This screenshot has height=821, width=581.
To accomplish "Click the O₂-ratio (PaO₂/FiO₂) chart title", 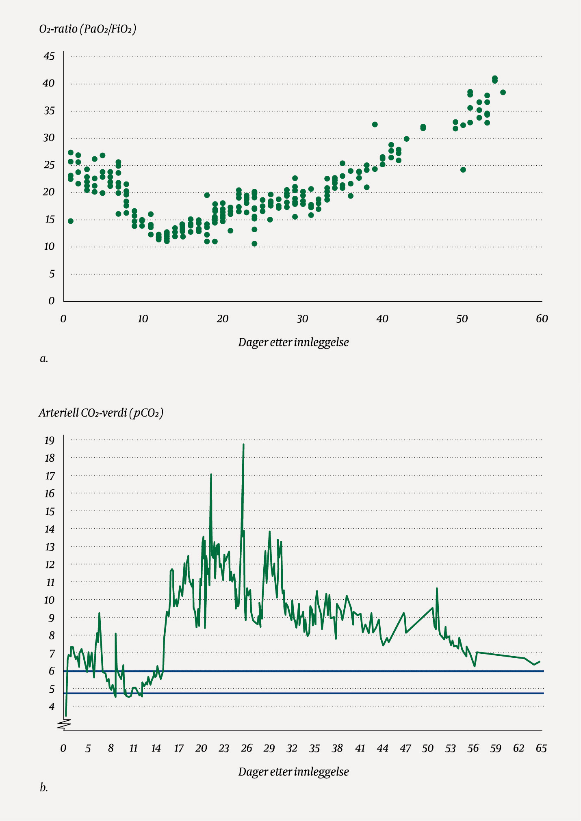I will click(87, 29).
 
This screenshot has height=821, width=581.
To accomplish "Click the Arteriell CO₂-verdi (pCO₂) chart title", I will click(101, 413).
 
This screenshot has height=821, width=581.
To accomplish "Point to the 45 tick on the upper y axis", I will click(49, 56).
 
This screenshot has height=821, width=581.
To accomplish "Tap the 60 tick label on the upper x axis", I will click(542, 319).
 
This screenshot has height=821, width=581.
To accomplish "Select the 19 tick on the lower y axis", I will click(49, 441).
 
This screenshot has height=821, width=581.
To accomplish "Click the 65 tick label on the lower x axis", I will click(541, 748).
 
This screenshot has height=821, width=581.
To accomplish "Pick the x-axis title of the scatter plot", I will click(293, 342).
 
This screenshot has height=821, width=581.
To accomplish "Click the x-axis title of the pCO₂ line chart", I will click(293, 771).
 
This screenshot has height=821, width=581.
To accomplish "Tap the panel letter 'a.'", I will click(44, 359).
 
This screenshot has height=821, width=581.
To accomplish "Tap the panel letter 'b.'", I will click(44, 788).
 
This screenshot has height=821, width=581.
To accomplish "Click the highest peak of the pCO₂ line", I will click(243, 445).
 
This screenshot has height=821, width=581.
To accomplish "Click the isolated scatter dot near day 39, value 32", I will click(375, 124).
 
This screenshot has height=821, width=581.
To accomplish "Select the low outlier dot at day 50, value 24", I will click(463, 170).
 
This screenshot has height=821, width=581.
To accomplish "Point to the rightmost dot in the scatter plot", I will click(503, 92).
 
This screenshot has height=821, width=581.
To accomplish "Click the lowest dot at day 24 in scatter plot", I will click(254, 244).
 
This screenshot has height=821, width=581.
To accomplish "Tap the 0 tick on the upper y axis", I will click(52, 301).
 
